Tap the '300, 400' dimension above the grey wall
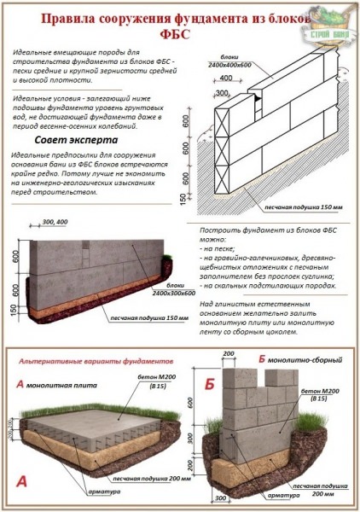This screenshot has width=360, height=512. [54, 222]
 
